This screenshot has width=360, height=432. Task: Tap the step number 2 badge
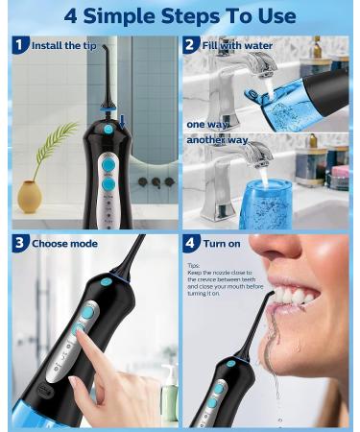tap(192, 45)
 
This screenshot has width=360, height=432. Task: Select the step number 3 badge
tap(20, 244)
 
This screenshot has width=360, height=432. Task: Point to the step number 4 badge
tap(192, 244)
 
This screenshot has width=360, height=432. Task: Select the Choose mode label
tap(64, 244)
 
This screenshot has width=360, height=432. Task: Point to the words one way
tap(206, 124)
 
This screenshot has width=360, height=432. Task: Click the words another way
tap(217, 140)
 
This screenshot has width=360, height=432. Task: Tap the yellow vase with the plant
tap(30, 196)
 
